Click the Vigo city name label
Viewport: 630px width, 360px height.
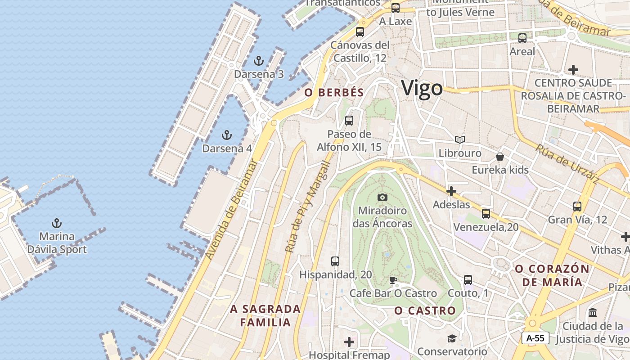point(422,88)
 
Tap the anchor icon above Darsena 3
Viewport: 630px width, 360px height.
point(259,60)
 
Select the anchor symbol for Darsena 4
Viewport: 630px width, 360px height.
point(227,135)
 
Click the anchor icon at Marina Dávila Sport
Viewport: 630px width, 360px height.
point(57,223)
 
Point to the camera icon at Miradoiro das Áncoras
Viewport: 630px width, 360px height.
point(382,197)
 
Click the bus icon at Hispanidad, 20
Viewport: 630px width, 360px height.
point(335,261)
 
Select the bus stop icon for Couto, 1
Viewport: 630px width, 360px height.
point(468,280)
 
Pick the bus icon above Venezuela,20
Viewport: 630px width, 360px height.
point(486,213)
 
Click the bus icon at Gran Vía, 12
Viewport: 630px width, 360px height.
point(577,207)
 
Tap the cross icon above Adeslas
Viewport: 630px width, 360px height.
point(451,191)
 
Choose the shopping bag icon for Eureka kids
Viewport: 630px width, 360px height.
point(499,157)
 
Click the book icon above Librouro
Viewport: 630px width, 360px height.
point(459,140)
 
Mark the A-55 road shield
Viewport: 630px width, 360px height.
point(535,338)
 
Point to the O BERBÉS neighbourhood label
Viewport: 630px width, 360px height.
point(334,93)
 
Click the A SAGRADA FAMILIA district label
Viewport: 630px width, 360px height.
point(265,315)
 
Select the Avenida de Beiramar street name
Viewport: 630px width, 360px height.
point(232,210)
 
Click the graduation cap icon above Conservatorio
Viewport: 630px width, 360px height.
point(452,338)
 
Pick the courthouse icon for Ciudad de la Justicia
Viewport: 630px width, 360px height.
point(593,312)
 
